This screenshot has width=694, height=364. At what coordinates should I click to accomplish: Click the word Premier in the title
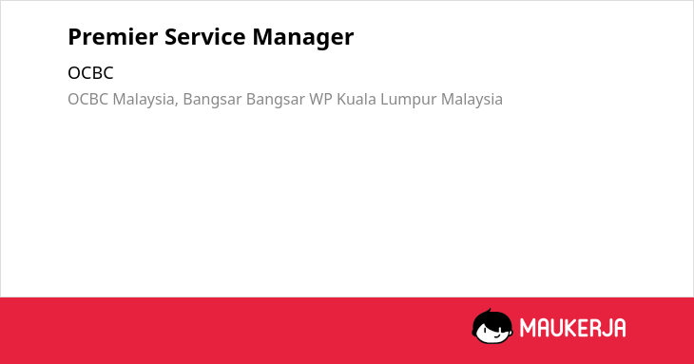pyautogui.click(x=113, y=36)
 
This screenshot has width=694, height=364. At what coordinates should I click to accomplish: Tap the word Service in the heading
pyautogui.click(x=205, y=36)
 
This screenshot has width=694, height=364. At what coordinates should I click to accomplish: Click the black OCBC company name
pyautogui.click(x=90, y=73)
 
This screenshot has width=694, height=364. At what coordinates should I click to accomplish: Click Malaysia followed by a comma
pyautogui.click(x=145, y=100)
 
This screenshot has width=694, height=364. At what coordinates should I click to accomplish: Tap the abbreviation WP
pyautogui.click(x=320, y=99)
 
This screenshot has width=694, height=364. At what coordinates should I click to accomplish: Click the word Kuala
pyautogui.click(x=357, y=99)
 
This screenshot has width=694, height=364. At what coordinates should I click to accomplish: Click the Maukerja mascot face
pyautogui.click(x=492, y=326)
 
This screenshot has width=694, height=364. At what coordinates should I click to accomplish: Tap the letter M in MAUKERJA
pyautogui.click(x=528, y=328)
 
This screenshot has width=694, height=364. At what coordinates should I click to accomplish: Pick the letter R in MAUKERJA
pyautogui.click(x=597, y=328)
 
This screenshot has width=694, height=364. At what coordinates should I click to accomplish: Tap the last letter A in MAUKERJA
pyautogui.click(x=620, y=328)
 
